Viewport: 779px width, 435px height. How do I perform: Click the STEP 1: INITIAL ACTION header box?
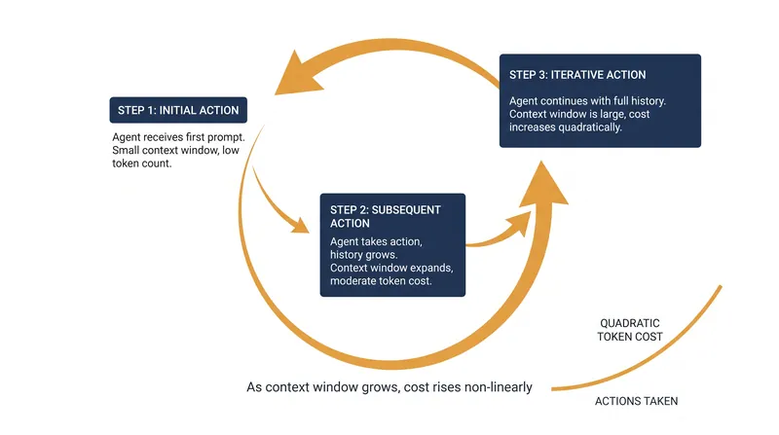pos(178,110)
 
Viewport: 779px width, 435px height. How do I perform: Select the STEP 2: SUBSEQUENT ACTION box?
pos(392,245)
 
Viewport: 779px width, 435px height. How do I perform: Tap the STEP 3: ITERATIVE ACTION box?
pos(600,101)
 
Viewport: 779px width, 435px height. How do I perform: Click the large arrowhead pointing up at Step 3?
pos(544,185)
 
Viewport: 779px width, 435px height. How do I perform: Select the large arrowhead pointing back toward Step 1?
pos(297,74)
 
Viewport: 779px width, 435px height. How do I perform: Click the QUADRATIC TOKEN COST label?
pos(630,330)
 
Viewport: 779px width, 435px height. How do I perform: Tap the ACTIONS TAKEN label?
pos(637,401)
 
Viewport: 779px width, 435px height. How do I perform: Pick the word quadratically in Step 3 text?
pos(590,127)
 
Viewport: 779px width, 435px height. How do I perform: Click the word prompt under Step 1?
pos(227,137)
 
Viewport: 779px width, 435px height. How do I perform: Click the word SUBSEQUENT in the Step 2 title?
pos(406,210)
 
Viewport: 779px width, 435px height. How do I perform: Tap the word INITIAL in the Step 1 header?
pos(177,110)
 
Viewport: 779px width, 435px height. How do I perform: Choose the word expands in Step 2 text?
pos(429,269)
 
